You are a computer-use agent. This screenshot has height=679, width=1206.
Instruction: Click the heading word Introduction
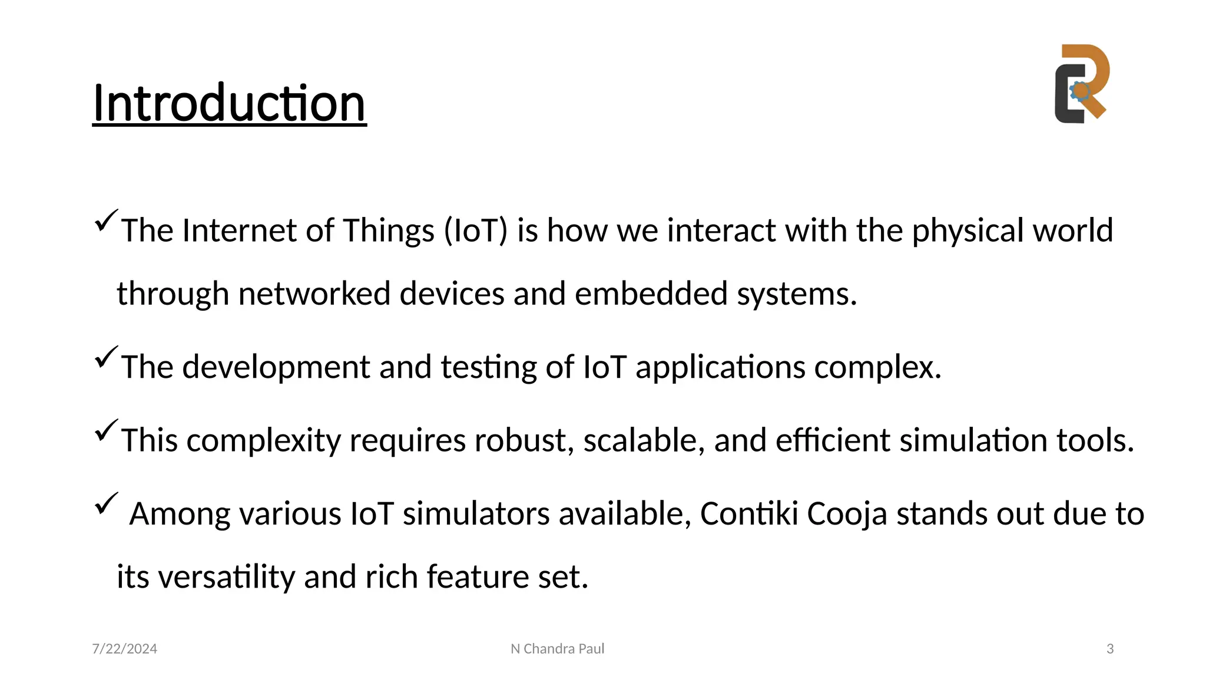click(229, 103)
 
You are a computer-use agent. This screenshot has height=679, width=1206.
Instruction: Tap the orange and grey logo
click(1081, 84)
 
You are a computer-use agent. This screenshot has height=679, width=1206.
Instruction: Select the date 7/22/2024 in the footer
click(125, 649)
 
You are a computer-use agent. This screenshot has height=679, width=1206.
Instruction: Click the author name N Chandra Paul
click(557, 649)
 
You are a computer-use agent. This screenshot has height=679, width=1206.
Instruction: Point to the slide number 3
click(1110, 649)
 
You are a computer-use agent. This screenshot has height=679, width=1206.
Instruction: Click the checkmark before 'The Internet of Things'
click(105, 220)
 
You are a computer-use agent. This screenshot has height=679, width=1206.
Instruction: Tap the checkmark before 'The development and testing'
click(105, 357)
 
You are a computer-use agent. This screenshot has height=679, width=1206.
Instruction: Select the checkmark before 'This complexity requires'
click(105, 430)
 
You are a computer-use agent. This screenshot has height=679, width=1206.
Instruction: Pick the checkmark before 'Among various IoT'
click(105, 503)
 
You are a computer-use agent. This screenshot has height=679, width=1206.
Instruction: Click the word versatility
click(227, 577)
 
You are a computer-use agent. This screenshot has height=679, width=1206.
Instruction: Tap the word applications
click(720, 368)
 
